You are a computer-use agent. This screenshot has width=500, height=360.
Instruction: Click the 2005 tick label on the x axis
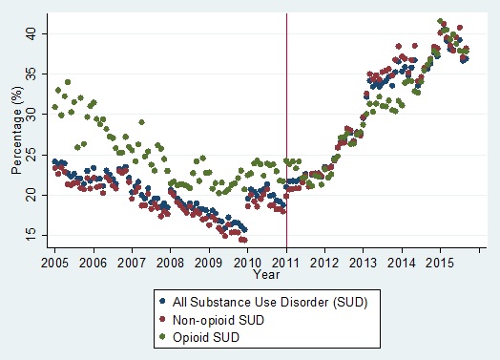(x=53, y=261)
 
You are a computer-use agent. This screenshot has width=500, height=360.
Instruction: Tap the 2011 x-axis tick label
(x=286, y=261)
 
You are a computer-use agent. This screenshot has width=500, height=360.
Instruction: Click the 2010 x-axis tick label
(x=247, y=261)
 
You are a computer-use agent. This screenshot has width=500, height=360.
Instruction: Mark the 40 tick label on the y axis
(x=32, y=33)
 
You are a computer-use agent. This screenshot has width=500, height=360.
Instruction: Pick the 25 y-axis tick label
(x=32, y=154)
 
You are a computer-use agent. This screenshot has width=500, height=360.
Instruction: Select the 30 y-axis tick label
(x=32, y=114)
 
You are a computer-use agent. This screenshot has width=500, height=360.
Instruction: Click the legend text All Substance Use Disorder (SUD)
(x=260, y=304)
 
